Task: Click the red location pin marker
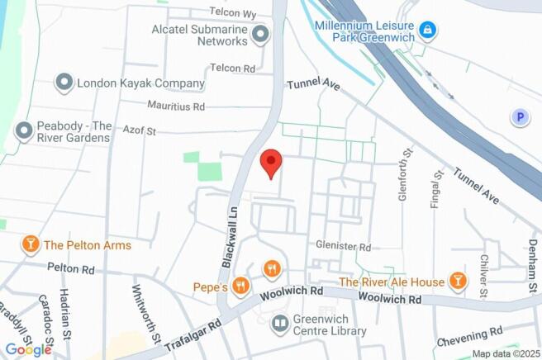tap(270, 163)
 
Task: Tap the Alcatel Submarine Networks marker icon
tap(261, 34)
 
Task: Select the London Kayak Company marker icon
tap(64, 83)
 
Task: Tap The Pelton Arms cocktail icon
tap(31, 244)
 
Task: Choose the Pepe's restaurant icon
tap(241, 286)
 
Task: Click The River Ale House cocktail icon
tap(457, 282)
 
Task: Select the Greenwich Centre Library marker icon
tap(281, 323)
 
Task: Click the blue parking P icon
tap(520, 118)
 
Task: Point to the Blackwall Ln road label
tap(228, 236)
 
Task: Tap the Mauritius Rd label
tap(175, 107)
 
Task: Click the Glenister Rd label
tap(343, 246)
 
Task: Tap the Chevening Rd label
tap(469, 335)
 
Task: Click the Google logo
tap(28, 349)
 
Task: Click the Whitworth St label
tap(145, 314)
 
